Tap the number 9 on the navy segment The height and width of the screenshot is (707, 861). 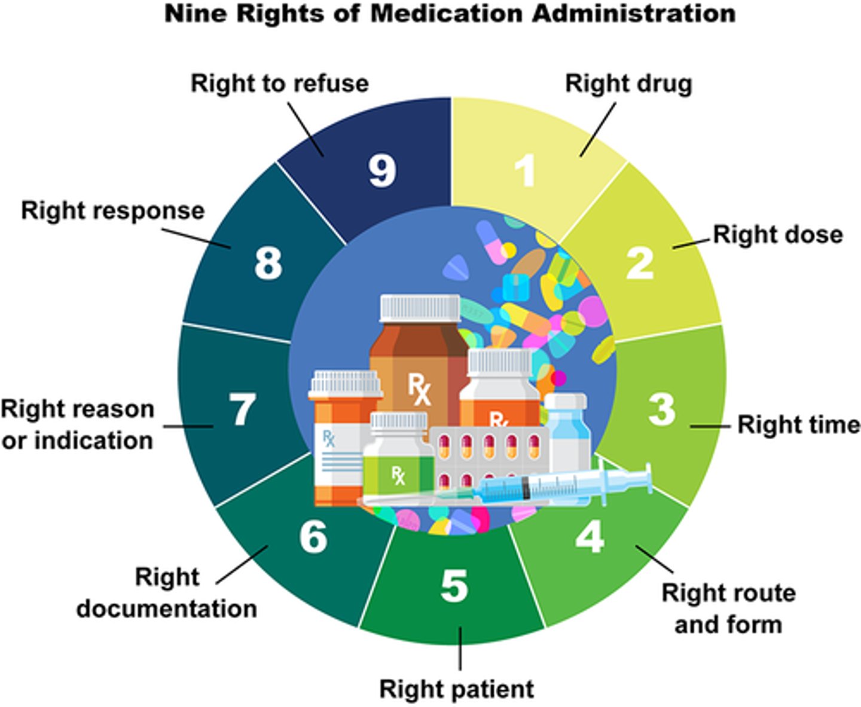coord(382,171)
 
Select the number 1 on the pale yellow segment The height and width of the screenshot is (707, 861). coord(526,171)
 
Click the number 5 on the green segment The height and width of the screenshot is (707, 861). coord(454,586)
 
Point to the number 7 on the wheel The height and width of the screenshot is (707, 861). coord(242,410)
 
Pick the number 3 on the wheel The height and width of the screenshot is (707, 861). coord(661,410)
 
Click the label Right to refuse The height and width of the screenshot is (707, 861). coord(279,84)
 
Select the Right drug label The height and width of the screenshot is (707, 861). coord(628,84)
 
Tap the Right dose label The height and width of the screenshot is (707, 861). coord(777,235)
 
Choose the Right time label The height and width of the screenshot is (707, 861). coord(798,425)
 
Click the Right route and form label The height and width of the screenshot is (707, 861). coord(728,608)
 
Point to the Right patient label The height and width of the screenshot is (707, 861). coord(456,689)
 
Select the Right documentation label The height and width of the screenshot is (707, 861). coord(167,593)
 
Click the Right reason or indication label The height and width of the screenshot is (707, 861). coord(77,425)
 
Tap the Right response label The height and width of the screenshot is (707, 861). coord(112,211)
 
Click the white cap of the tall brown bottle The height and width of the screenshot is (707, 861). coord(420,308)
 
